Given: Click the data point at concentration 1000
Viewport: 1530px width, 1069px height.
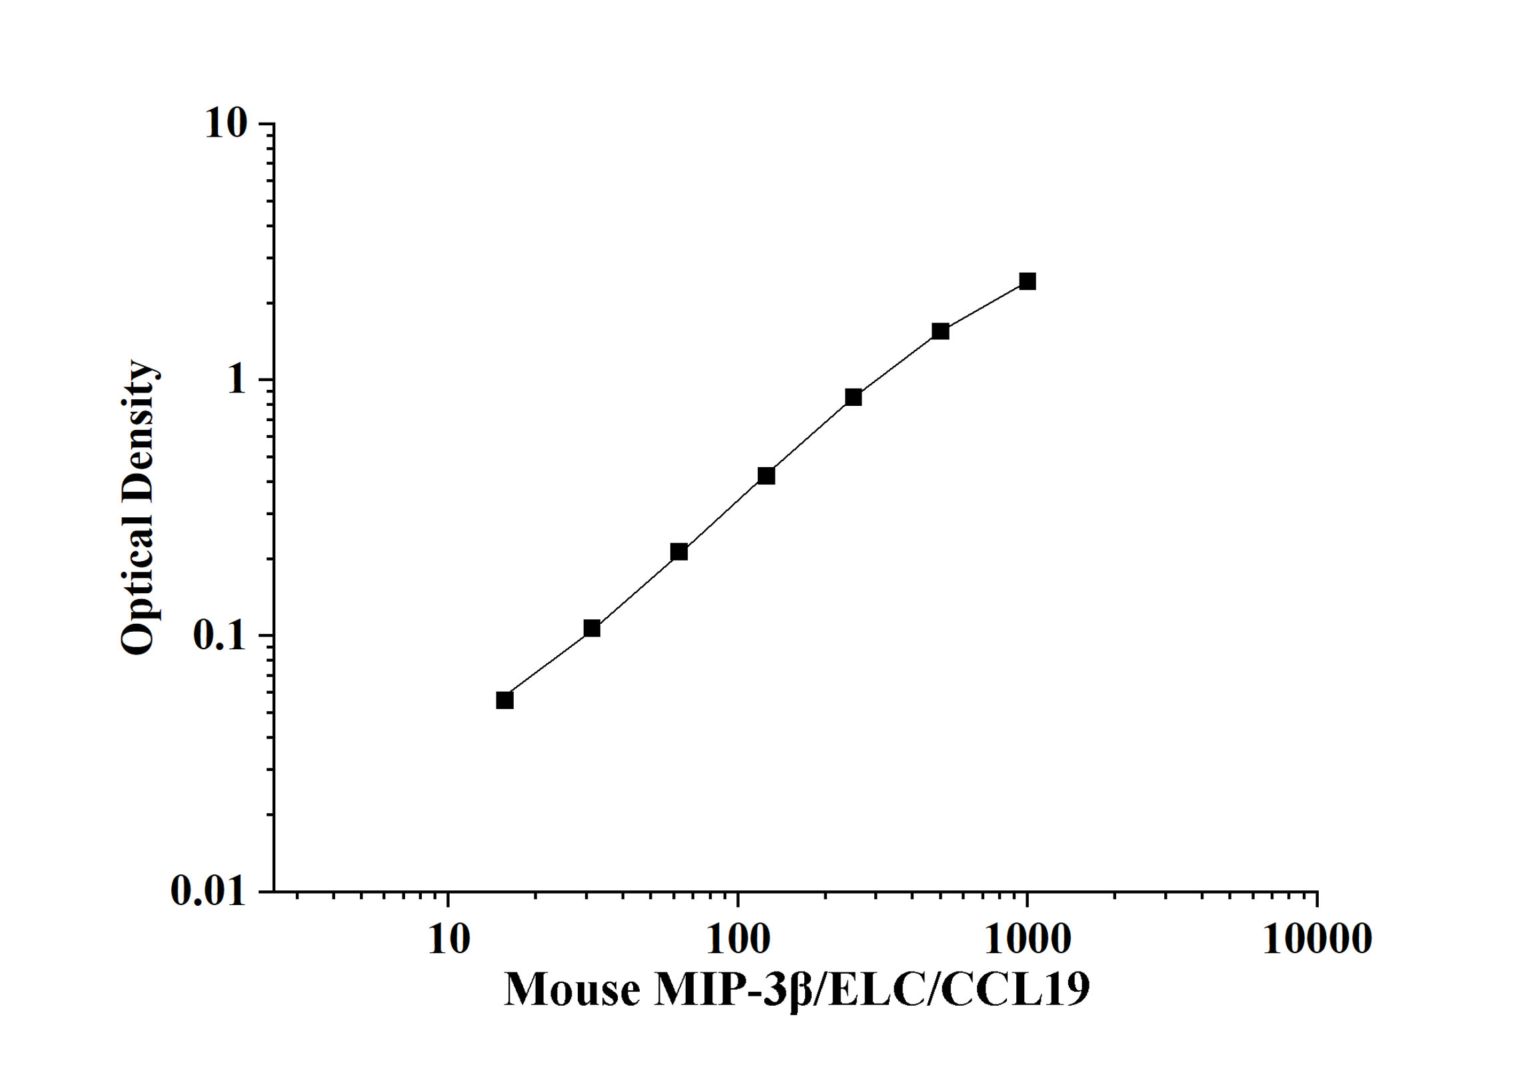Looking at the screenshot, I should point(1027,281).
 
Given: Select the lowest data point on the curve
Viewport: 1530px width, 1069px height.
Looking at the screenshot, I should point(504,700).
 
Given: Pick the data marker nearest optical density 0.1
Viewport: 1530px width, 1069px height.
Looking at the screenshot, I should point(592,628).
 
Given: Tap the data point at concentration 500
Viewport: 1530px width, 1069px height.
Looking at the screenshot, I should point(940,331).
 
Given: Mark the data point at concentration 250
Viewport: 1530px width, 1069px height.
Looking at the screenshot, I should point(853,397).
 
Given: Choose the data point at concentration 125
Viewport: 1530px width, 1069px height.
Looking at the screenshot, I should point(766,476).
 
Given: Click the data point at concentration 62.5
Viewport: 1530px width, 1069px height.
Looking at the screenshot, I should point(679,552).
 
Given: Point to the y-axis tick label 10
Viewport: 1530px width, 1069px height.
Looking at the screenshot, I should point(226,124).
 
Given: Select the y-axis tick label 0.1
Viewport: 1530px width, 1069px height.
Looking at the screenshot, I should point(219,636).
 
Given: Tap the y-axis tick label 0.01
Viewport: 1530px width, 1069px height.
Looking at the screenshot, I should point(209,891).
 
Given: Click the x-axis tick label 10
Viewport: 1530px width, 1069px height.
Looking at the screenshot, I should point(448,940).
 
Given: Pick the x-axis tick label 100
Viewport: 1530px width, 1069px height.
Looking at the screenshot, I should point(738,940).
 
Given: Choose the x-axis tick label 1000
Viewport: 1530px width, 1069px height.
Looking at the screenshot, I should point(1027,940).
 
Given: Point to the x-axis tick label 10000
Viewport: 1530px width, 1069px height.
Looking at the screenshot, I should point(1317,940).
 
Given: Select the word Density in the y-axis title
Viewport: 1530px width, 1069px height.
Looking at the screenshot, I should point(138,427).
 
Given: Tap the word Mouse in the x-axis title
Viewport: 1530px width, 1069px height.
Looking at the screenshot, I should point(572,990).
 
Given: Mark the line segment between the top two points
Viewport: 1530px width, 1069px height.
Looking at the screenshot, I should point(984,307).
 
